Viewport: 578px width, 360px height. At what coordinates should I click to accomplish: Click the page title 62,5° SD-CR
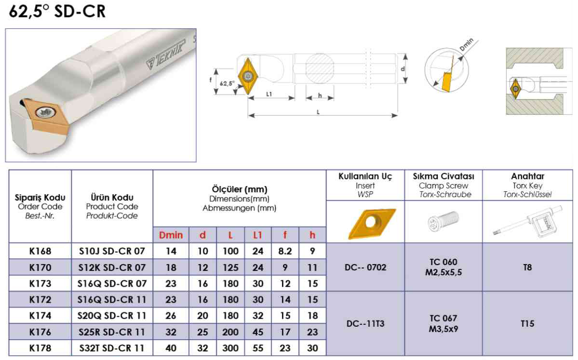pos(57,12)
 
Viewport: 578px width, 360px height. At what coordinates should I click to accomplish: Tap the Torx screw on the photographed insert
pos(46,112)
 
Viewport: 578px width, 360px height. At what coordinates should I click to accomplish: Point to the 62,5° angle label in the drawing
pos(227,83)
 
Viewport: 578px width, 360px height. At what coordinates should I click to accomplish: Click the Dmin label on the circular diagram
pos(466,45)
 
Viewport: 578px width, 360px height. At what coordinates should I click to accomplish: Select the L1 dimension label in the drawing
pos(269,94)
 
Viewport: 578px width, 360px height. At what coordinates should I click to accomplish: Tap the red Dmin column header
pos(171,235)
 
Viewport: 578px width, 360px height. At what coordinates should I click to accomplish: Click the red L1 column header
pos(258,235)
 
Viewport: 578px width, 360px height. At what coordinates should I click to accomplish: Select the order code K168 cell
pos(40,251)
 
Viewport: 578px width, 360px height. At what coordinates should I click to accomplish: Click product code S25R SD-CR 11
pos(112,332)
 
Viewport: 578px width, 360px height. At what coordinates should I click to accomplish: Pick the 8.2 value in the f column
pos(285,251)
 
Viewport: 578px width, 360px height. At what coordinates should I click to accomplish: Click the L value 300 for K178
pos(230,348)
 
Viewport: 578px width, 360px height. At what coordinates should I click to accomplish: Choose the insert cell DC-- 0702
pos(365,267)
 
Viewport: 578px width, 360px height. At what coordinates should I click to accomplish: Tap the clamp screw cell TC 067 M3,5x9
pos(444,323)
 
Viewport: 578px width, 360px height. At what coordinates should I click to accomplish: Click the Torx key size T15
pos(527,323)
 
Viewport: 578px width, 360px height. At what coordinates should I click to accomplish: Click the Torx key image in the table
pos(528,222)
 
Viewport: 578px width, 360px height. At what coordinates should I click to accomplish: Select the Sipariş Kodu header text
pos(40,198)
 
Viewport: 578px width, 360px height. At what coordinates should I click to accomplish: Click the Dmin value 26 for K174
pos(171,316)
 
